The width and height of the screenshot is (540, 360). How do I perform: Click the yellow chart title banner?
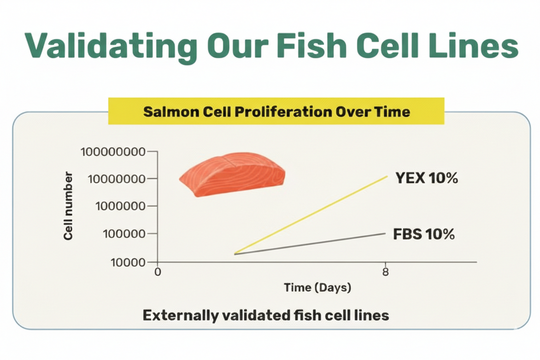(x=276, y=111)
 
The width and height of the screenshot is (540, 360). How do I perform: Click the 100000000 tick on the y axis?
(x=113, y=152)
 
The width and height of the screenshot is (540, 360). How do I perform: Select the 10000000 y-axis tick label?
(x=117, y=179)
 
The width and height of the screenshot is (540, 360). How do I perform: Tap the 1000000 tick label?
(x=120, y=206)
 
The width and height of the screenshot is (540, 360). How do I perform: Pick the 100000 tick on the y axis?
(x=123, y=234)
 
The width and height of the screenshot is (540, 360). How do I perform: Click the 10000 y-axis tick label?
(x=127, y=262)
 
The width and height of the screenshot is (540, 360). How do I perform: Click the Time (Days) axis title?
(x=318, y=287)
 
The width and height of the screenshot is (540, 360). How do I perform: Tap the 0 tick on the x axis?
(x=157, y=271)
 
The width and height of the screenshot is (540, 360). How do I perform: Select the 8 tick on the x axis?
(x=385, y=271)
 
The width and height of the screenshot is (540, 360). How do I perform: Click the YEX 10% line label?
(x=426, y=179)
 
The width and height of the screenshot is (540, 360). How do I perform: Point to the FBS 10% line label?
(x=424, y=234)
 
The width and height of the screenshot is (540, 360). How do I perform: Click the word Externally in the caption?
(x=180, y=316)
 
